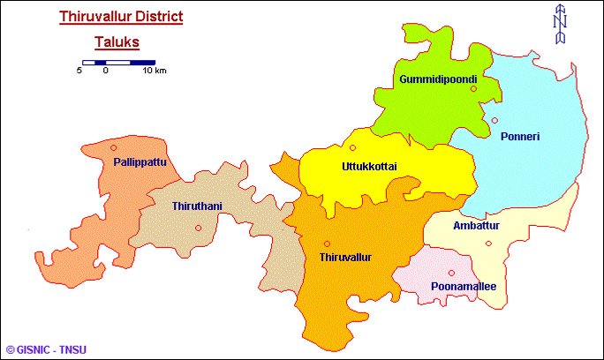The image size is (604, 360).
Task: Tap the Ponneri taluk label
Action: coord(519,137)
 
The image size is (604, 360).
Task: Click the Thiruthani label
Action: coord(197,206)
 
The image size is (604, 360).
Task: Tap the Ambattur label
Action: coord(476,227)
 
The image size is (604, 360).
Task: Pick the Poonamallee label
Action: coord(464,287)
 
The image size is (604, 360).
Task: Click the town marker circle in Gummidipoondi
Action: coord(473,88)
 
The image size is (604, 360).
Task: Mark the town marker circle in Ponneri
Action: coord(495,121)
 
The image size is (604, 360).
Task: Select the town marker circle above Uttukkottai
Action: coord(352,147)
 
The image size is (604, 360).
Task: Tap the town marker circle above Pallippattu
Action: coord(114,147)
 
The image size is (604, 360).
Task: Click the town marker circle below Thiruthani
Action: coord(199,229)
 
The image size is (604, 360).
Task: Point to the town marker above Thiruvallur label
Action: coord(327,244)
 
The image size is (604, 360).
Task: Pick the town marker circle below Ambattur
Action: coord(488,244)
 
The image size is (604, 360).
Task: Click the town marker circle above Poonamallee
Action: coord(451,273)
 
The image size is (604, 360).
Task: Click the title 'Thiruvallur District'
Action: coord(120,16)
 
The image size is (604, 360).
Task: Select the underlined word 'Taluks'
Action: coord(117,41)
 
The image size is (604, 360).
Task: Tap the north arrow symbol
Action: coord(559,26)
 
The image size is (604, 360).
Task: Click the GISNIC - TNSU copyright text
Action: coord(46,350)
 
